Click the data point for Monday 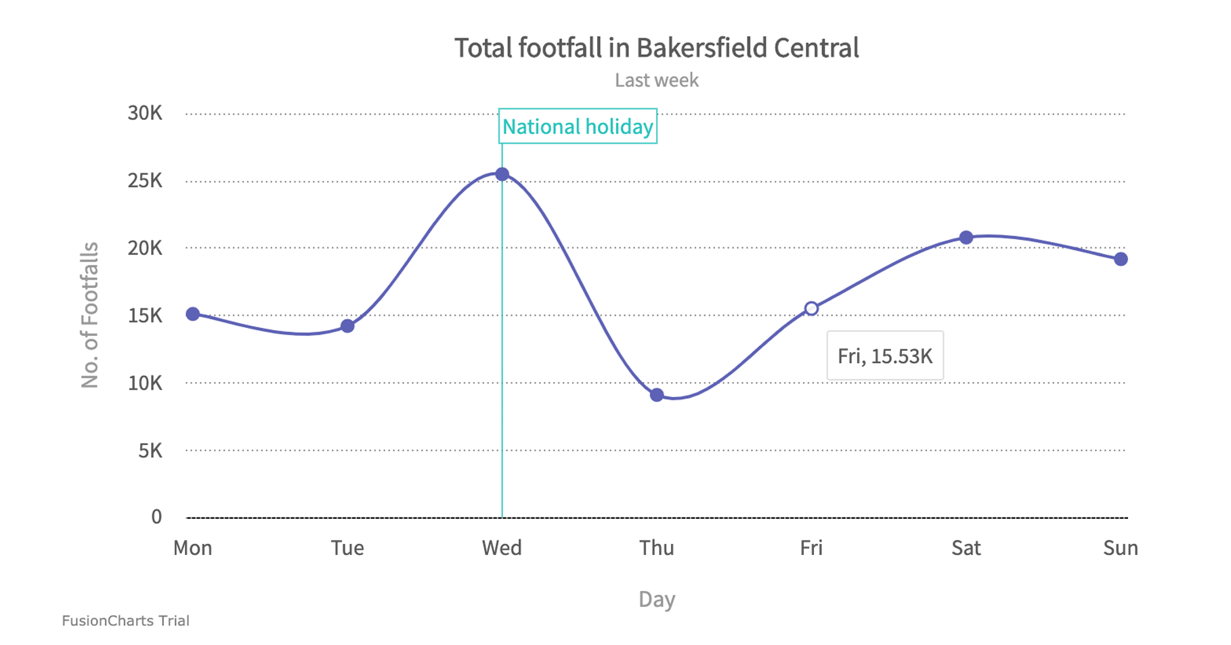[193, 314]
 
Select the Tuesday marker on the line [347, 327]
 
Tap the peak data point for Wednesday [502, 175]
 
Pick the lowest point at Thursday [657, 395]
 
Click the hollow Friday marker [811, 309]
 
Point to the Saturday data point [966, 238]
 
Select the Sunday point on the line [1121, 259]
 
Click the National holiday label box [578, 127]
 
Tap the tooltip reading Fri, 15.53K [885, 356]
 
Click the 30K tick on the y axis [145, 113]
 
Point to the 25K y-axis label [145, 181]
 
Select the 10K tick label [145, 383]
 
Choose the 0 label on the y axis [156, 518]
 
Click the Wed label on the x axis [502, 548]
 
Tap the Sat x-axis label [966, 548]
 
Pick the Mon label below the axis [193, 548]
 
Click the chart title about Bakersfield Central [656, 48]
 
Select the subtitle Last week [656, 81]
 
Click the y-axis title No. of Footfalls [90, 315]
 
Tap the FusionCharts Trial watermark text [126, 621]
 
